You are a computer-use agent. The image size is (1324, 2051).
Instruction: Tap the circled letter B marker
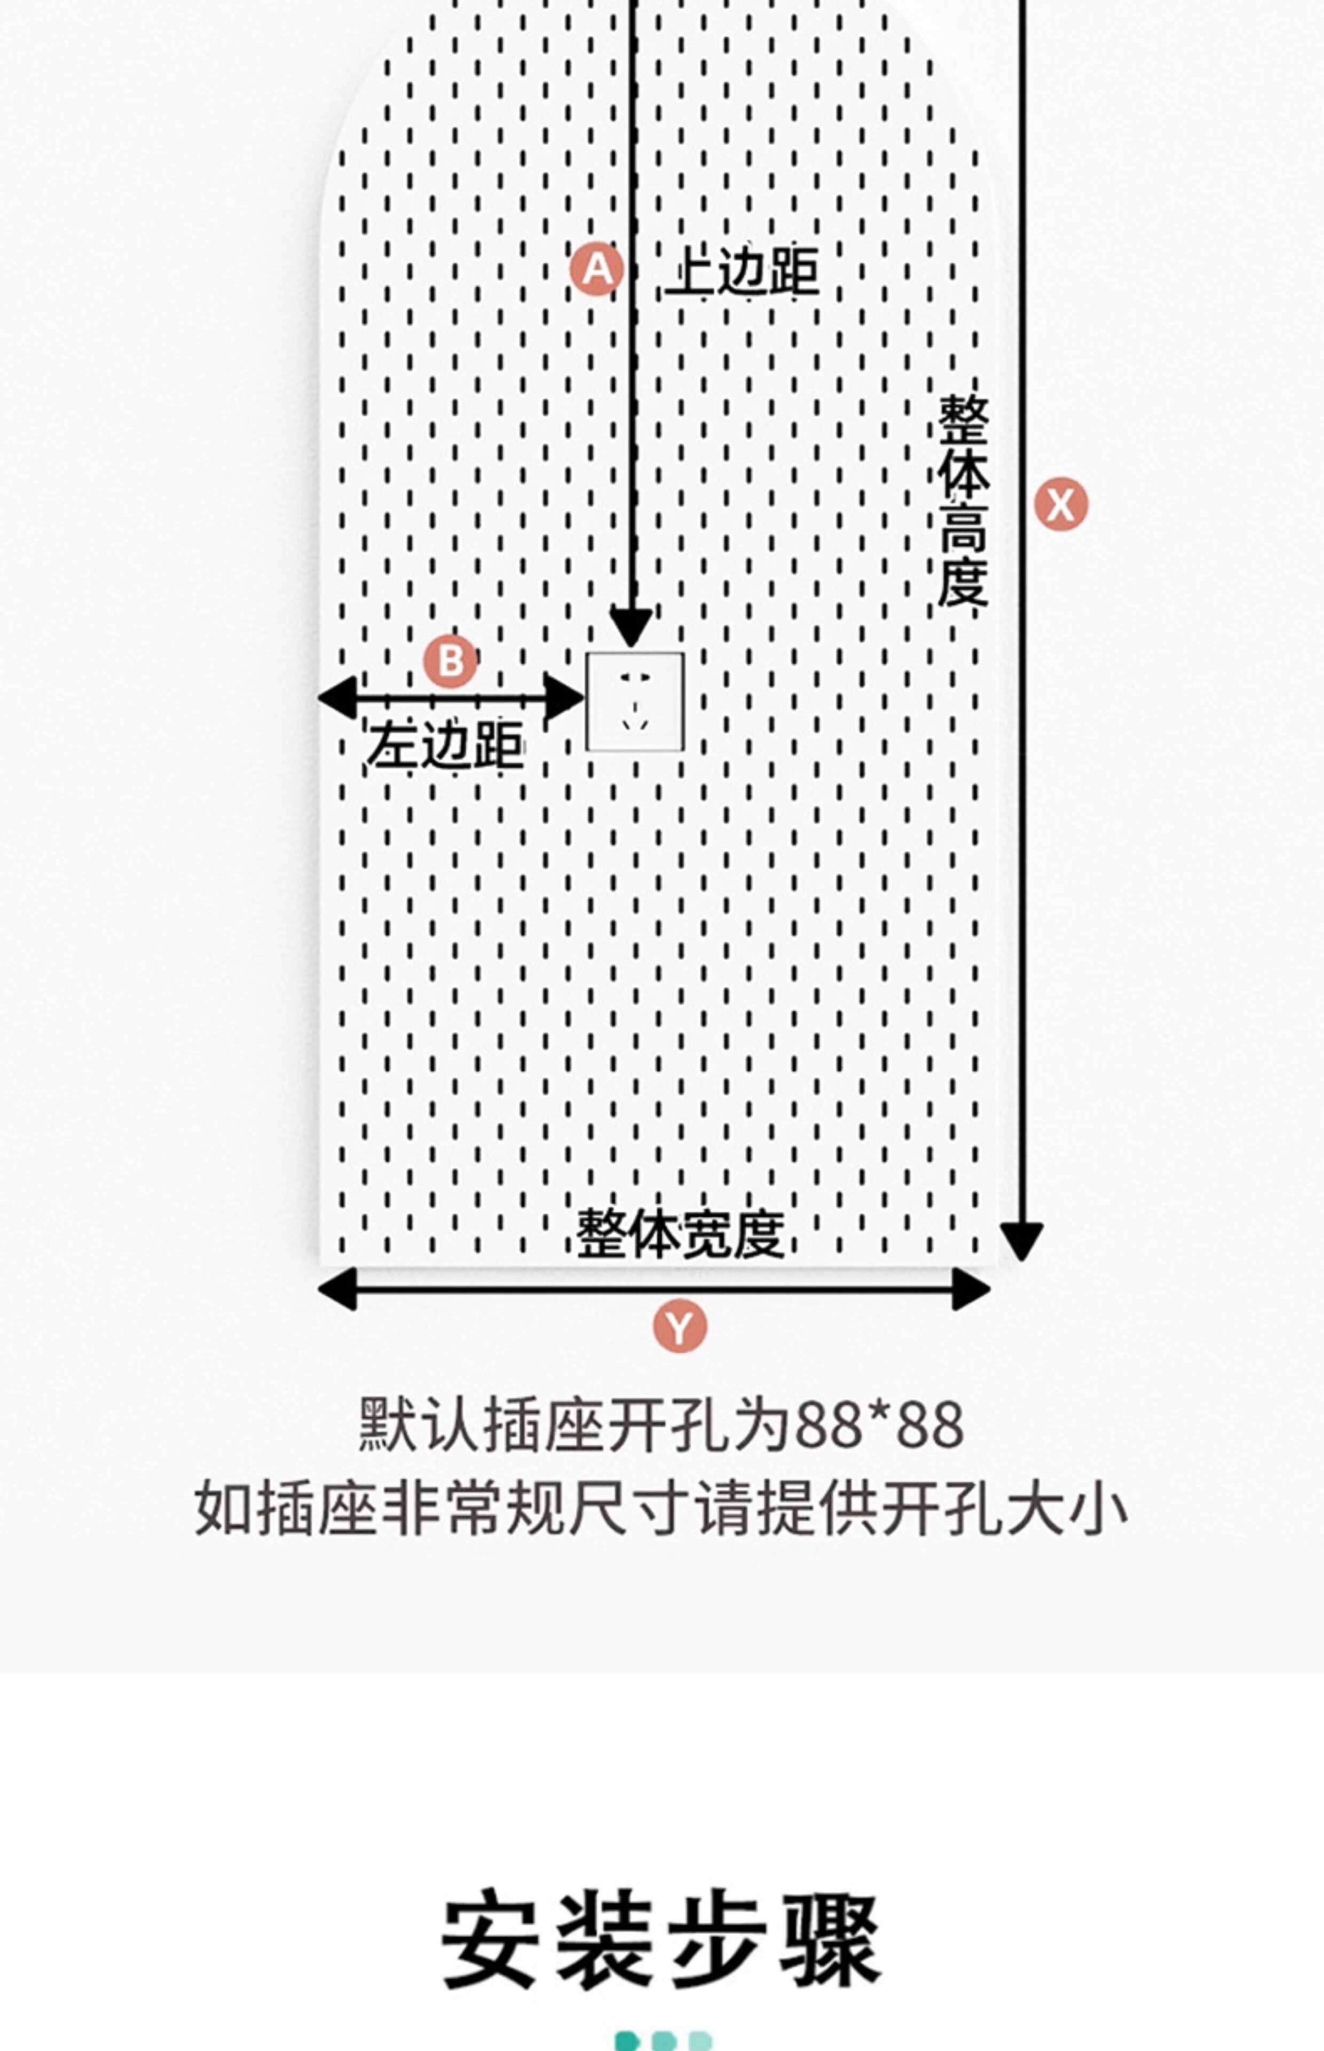[x=451, y=661]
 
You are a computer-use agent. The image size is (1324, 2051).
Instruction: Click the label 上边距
[x=743, y=272]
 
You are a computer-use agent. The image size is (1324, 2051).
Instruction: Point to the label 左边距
[x=445, y=745]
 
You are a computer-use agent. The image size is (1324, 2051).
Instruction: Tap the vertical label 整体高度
[x=963, y=500]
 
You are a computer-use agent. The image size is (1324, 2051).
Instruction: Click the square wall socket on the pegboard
[x=635, y=701]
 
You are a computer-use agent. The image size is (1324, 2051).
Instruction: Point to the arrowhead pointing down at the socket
[x=631, y=625]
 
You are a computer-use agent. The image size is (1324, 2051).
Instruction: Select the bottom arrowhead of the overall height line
[x=1021, y=1241]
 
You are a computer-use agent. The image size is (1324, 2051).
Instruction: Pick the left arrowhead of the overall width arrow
[x=338, y=1289]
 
